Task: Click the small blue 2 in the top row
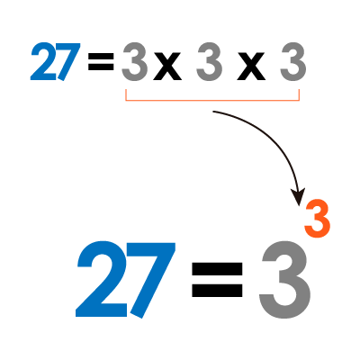(44, 61)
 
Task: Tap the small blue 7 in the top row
(68, 61)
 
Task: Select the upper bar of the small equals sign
(101, 56)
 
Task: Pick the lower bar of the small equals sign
(101, 67)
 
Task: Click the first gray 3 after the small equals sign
(135, 61)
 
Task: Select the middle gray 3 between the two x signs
(209, 61)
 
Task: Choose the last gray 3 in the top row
(293, 61)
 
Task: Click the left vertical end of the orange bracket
(126, 94)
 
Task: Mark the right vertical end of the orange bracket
(299, 94)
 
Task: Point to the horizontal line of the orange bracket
(212, 100)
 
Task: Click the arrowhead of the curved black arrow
(298, 196)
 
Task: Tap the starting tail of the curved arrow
(214, 112)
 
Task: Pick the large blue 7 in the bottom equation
(152, 280)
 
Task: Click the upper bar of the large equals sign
(217, 269)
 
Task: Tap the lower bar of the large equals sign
(217, 290)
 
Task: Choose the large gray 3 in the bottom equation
(284, 280)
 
